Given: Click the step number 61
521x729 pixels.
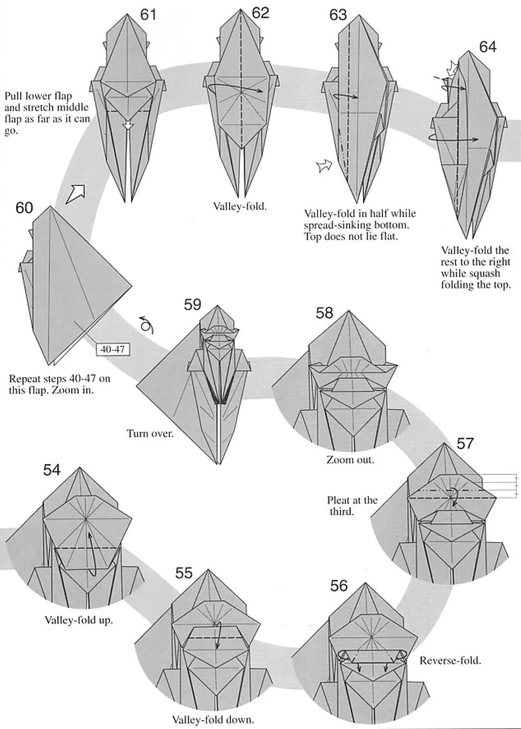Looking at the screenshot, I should (x=148, y=15).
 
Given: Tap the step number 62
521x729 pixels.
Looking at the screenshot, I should (x=260, y=13).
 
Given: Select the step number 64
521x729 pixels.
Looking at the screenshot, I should (x=487, y=47).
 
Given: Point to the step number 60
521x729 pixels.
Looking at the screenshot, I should (x=24, y=208).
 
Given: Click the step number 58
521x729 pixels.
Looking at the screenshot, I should (x=324, y=313).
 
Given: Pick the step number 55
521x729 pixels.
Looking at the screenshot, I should (x=184, y=573).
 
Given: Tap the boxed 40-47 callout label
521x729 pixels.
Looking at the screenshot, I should (x=113, y=349).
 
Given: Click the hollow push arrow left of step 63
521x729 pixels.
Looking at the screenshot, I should (x=324, y=167).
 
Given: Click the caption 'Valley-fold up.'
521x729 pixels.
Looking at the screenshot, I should (x=79, y=620).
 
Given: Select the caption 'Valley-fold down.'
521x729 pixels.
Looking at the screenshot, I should (x=213, y=719).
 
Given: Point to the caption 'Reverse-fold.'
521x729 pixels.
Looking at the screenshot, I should (x=450, y=660).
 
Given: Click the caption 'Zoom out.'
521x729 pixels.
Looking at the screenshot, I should (x=350, y=459).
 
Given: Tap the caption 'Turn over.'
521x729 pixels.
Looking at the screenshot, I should (x=150, y=433).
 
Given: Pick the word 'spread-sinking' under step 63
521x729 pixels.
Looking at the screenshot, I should (x=334, y=225).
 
